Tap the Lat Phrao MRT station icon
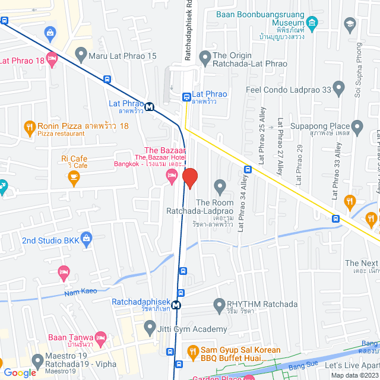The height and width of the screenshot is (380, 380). (149, 107)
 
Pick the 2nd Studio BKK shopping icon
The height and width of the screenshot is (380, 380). (87, 240)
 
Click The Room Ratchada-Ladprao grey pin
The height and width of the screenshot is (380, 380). (220, 187)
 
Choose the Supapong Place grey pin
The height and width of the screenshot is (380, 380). (357, 126)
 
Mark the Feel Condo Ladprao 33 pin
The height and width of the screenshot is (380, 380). (339, 88)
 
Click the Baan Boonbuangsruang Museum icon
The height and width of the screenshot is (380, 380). (313, 24)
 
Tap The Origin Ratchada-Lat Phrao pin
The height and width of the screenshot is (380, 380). (205, 58)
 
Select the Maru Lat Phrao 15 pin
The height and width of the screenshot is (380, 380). (81, 56)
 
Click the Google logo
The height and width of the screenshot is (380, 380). (19, 372)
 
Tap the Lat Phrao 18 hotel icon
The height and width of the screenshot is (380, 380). (52, 59)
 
